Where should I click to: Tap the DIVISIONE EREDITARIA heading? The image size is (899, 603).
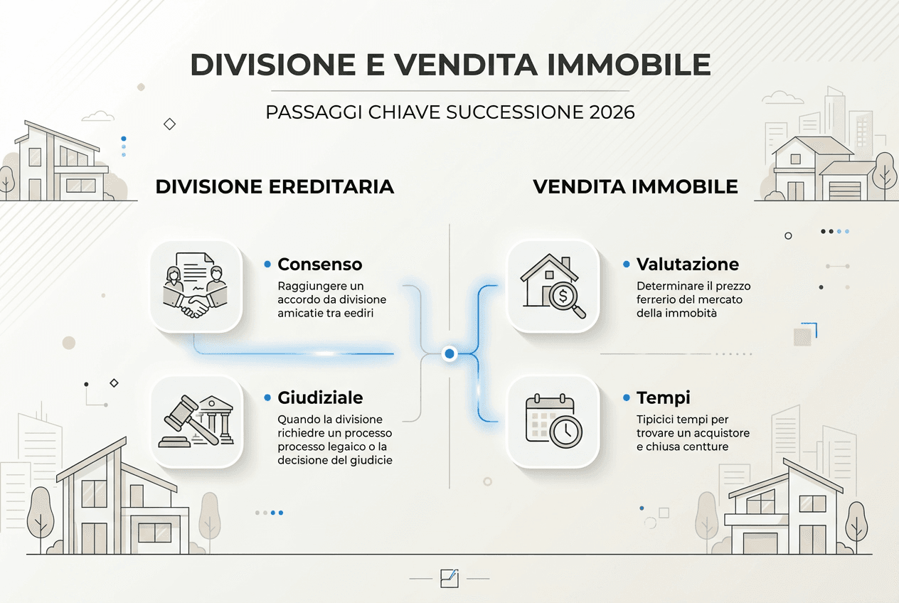coord(275,186)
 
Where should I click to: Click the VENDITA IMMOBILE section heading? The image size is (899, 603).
coord(635,186)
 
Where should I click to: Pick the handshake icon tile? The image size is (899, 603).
coord(196,287)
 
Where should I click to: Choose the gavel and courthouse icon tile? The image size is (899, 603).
coord(196,421)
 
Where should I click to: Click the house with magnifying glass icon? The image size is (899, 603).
coord(553,287)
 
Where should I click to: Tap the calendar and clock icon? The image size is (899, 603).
coord(553,421)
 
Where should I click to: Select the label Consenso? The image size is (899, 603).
coord(319,265)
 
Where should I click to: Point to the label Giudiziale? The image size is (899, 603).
coord(320,397)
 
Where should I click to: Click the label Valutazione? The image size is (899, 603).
coord(688,265)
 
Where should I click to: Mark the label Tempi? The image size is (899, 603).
coord(663,397)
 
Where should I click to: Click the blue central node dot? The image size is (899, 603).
coord(449,353)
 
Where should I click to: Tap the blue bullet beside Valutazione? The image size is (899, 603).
coord(626,264)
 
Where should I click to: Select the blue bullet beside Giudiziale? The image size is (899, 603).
coord(267,397)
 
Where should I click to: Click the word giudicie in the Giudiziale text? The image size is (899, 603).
coord(369,460)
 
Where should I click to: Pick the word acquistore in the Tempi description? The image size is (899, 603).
coord(720,433)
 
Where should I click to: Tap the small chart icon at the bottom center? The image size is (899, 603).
coord(449,577)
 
